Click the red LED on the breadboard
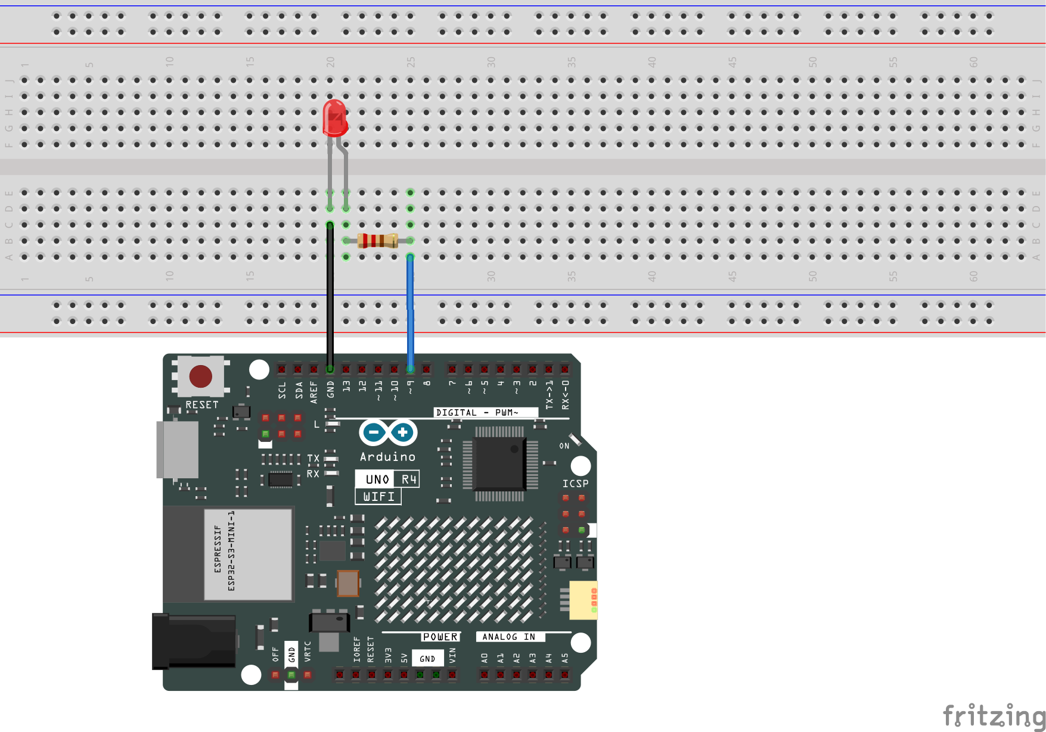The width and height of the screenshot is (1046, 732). (334, 118)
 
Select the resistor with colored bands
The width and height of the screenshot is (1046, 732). (377, 241)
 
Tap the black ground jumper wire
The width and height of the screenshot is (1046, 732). (330, 298)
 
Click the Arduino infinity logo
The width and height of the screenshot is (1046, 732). (388, 432)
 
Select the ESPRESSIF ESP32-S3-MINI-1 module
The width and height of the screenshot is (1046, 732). (247, 554)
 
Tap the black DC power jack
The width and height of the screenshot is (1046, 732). (194, 641)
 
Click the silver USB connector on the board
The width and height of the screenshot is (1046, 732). (177, 449)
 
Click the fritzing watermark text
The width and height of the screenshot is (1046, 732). (994, 715)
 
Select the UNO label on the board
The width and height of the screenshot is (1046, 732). (377, 479)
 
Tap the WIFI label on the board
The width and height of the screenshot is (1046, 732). (378, 496)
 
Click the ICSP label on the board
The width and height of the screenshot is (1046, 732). (575, 484)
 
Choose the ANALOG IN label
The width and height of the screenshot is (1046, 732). (508, 637)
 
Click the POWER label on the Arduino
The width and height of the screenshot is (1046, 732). (440, 637)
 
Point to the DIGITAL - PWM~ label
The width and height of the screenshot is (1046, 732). (477, 412)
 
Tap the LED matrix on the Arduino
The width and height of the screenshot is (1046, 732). (454, 569)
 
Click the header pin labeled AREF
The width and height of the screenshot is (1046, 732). (314, 369)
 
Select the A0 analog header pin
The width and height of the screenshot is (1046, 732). (485, 675)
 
